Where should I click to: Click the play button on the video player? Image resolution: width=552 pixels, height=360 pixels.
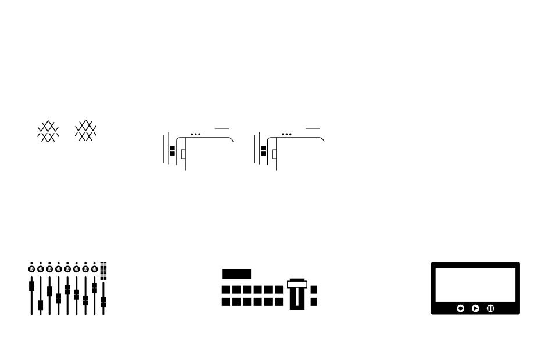coord(475,308)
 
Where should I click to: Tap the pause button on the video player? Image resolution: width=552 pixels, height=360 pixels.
coord(490,308)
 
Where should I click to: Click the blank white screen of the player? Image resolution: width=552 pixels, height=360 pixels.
coord(475,285)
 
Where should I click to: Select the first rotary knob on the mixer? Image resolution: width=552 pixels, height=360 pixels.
coord(31,269)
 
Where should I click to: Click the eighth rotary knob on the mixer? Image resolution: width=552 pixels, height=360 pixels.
coord(94,269)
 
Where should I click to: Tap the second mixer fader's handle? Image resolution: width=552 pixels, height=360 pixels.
coord(40,305)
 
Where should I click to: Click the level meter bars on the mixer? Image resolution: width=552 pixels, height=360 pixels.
coord(103,271)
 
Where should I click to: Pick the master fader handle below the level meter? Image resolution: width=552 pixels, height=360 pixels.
coord(103,302)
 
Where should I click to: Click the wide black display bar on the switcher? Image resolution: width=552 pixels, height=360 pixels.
coord(236,274)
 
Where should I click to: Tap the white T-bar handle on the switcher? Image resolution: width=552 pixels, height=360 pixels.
coord(297,285)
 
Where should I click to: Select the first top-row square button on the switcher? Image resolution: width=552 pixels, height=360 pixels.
coord(227,289)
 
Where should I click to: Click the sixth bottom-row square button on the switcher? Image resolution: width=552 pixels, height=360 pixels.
coord(279,301)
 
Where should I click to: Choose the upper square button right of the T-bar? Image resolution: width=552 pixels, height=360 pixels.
coord(314,289)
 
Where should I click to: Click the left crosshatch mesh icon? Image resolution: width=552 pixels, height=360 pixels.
coord(48,132)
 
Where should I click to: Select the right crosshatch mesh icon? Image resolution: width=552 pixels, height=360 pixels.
coord(85,131)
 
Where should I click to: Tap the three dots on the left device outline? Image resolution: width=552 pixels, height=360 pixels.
coord(196,134)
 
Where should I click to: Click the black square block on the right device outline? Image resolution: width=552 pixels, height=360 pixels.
coord(263,151)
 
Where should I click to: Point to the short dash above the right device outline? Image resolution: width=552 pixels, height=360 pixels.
coord(313,129)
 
